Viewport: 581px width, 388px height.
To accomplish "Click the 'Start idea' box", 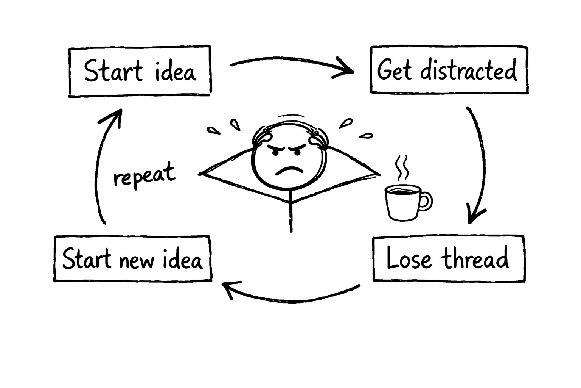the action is (140, 71).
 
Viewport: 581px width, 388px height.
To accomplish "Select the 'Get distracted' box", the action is (449, 70).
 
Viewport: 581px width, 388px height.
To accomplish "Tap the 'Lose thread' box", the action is (449, 259).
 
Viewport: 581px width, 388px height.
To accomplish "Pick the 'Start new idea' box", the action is (132, 259).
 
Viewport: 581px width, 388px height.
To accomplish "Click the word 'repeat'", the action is (144, 175).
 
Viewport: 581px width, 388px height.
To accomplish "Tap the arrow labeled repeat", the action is (99, 167).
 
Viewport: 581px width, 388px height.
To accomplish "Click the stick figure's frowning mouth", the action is (290, 170).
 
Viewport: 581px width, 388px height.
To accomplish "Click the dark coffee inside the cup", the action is (402, 190).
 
